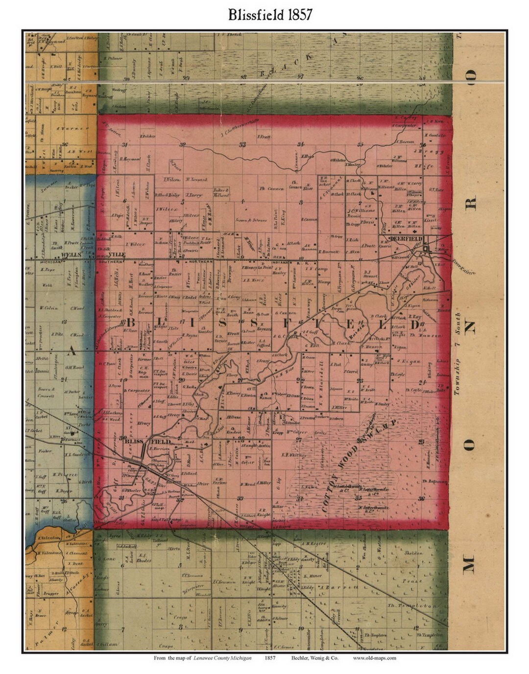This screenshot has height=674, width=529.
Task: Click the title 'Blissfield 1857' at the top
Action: (269, 15)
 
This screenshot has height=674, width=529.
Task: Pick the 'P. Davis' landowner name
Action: (367, 222)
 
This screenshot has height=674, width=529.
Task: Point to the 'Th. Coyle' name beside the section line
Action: (398, 375)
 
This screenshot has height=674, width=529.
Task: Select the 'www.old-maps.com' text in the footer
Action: (374, 658)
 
